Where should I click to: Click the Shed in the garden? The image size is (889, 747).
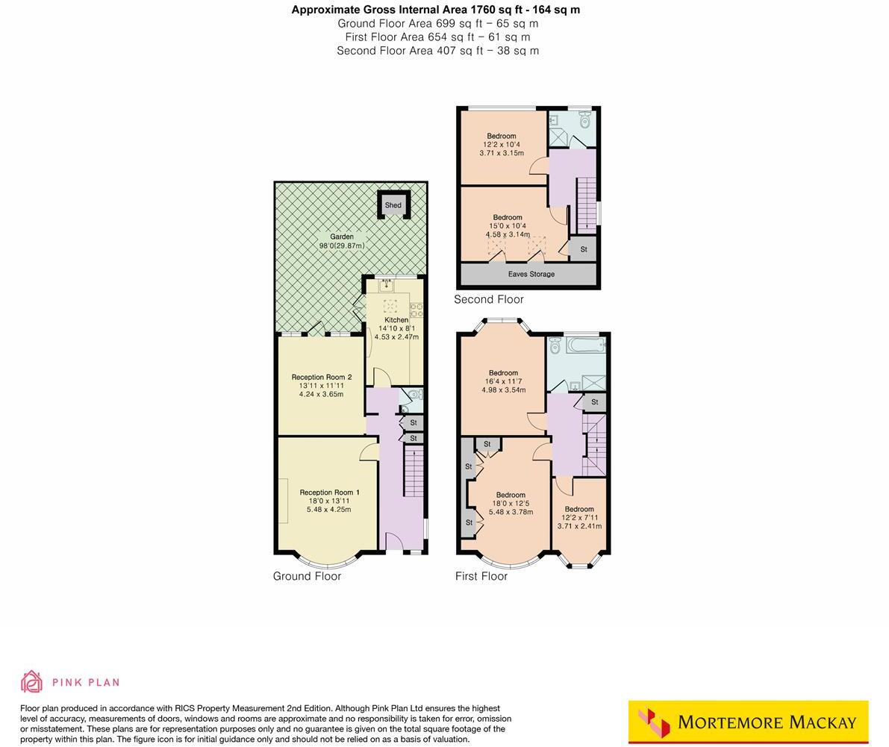(393, 205)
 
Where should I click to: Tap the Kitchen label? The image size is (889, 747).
(396, 320)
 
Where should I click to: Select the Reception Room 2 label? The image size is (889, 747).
(321, 378)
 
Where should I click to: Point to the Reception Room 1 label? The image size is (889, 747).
(329, 493)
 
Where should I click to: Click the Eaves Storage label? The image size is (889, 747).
(531, 274)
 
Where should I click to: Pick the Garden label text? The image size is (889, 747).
(342, 237)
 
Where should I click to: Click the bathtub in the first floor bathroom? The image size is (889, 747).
(586, 346)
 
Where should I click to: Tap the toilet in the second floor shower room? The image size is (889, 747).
(585, 120)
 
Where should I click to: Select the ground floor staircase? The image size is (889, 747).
(414, 470)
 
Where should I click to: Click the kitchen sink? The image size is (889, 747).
(387, 284)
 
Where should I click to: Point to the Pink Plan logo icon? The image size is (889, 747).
(32, 681)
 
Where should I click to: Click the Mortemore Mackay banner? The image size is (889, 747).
(748, 722)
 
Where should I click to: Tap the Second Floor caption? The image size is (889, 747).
(489, 299)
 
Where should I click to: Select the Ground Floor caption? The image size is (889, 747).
(307, 576)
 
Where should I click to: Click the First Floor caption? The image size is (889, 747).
(481, 576)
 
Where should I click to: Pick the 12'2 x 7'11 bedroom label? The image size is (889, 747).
(579, 509)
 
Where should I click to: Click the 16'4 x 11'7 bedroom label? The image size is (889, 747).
(503, 373)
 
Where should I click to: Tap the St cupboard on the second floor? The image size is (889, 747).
(583, 249)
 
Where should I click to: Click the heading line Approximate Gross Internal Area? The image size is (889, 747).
(435, 10)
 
